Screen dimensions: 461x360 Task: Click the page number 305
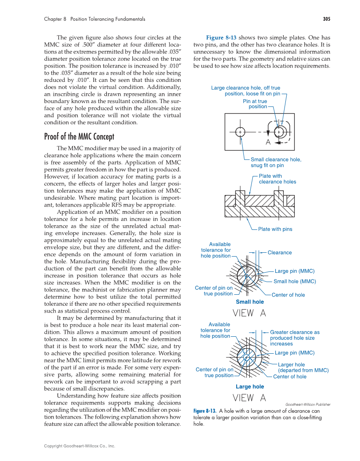pos(326,19)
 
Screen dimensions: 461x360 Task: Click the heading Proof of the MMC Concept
pos(79,137)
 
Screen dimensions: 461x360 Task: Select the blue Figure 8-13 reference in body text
pos(221,37)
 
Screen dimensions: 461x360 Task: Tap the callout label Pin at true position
pos(255,104)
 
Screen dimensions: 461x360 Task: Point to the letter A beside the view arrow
pos(268,143)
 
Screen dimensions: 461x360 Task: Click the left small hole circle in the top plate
pos(240,132)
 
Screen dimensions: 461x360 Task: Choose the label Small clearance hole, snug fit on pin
pos(276,162)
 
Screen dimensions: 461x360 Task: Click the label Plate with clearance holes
pos(277,179)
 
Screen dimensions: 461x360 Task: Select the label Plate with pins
pos(275,229)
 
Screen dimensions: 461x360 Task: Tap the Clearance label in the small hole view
pos(279,253)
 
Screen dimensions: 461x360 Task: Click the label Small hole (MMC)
pos(295,281)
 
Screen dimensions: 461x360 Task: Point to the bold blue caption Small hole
pos(249,302)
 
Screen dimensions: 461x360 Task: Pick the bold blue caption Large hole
pos(249,387)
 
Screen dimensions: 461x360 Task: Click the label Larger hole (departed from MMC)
pos(303,367)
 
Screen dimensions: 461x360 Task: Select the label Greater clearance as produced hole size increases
pos(294,338)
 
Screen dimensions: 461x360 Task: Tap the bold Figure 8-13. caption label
pos(205,411)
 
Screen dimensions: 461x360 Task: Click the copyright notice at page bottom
pos(79,446)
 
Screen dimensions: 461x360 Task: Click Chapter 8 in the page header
pos(55,19)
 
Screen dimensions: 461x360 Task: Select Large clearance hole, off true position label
pos(246,91)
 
